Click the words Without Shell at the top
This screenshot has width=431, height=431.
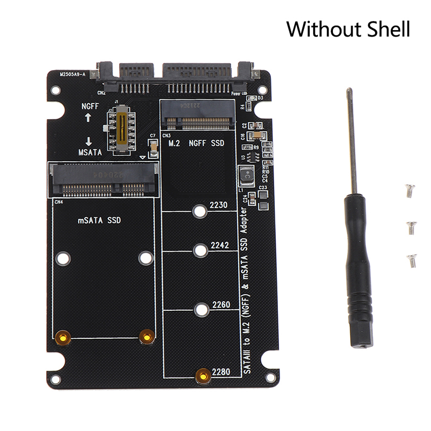pos(347,29)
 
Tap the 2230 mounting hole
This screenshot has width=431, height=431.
pos(200,211)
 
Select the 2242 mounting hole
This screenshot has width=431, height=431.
pos(200,249)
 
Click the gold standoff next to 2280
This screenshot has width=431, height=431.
pos(203,376)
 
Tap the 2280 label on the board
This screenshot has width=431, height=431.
pos(221,371)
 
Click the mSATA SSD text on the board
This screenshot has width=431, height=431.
pos(100,220)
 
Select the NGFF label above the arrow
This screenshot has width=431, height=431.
pos(91,107)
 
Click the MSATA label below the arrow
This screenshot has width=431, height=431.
pos(89,152)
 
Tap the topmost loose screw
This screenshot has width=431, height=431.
pos(410,190)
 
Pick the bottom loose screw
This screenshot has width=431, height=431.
pos(412,259)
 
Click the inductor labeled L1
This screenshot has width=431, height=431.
pos(246,175)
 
